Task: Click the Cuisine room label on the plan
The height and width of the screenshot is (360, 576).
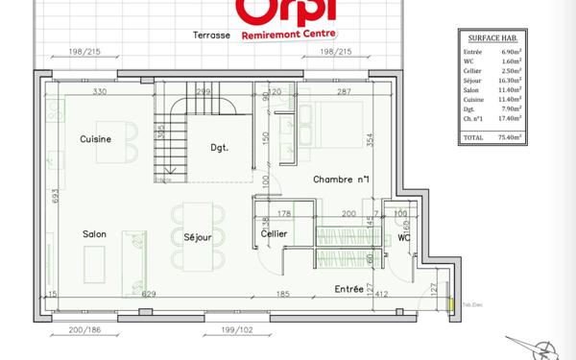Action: (97, 139)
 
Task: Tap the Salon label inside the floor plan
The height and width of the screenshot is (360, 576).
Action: (93, 233)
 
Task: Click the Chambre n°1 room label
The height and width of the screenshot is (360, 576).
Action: (341, 180)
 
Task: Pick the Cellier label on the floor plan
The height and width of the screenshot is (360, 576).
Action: (276, 234)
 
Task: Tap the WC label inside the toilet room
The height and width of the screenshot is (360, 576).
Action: (404, 234)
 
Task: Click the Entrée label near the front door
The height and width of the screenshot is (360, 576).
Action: (349, 288)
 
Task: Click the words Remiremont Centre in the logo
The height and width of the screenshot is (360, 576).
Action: (281, 32)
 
